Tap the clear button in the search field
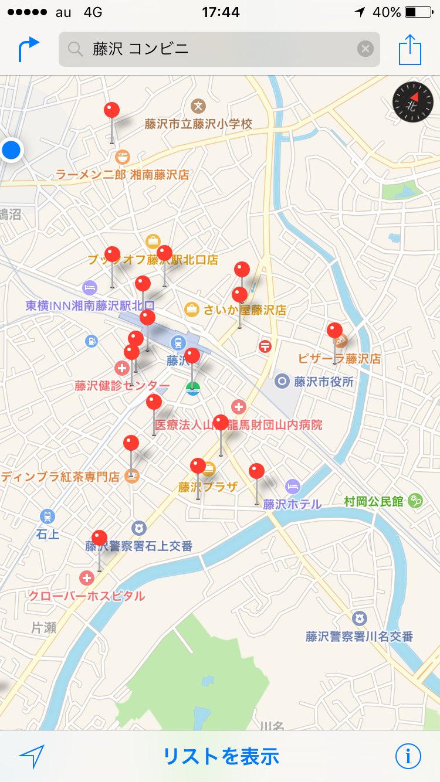365,49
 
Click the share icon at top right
410,50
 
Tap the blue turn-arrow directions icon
28,49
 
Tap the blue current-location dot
11,150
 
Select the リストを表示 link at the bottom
221,756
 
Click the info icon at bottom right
408,756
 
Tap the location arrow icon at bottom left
31,757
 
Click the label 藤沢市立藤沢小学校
198,124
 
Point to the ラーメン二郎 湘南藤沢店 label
123,174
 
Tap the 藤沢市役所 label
324,382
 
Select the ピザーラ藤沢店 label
339,358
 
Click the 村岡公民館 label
374,501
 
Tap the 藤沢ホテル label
292,504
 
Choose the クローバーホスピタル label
87,596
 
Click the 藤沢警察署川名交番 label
359,636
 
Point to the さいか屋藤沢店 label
245,310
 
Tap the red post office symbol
265,346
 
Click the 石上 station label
48,534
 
